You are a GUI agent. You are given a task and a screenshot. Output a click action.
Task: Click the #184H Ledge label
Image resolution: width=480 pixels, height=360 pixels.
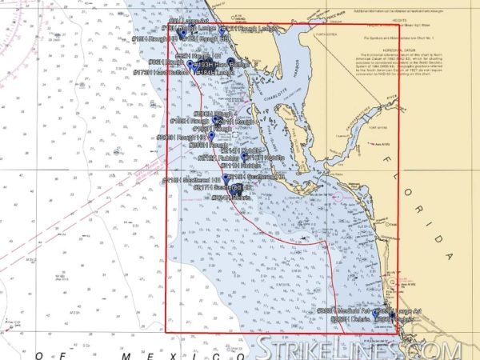[x=216, y=72]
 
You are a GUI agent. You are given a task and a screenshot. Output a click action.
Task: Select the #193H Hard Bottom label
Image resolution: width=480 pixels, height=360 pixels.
[x=213, y=65]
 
